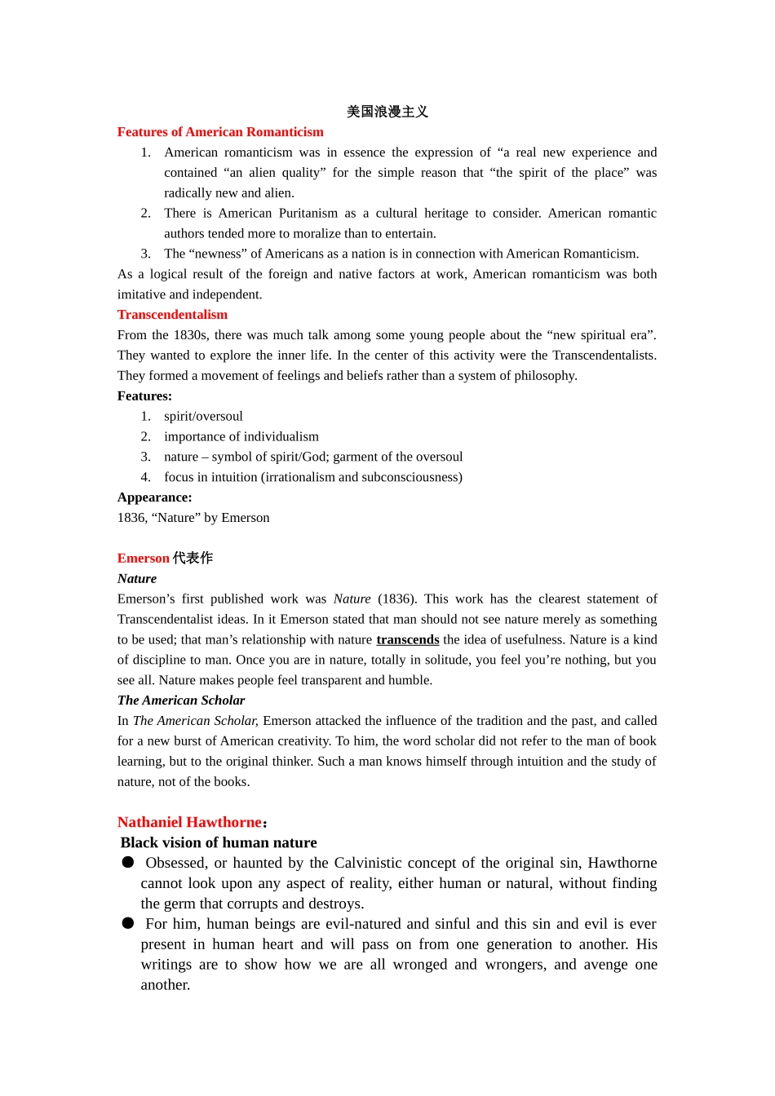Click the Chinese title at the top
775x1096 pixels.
pos(387,112)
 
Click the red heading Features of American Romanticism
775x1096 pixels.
pos(220,132)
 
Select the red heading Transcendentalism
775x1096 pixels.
pos(172,315)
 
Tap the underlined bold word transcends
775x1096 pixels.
pos(408,640)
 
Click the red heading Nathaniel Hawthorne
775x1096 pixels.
pos(189,822)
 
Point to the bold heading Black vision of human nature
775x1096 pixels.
pos(219,842)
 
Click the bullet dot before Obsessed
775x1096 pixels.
pos(128,862)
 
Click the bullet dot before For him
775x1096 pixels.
pos(128,923)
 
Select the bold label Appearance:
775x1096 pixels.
pos(155,497)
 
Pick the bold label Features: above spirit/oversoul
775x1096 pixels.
pos(144,396)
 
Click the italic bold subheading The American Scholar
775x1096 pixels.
pos(181,700)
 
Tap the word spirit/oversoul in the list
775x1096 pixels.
pos(203,417)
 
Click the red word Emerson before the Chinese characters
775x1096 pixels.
pos(144,559)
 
